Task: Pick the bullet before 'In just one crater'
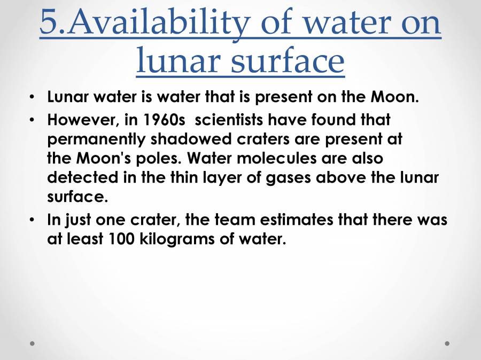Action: [x=33, y=220]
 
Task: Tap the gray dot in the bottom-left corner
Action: [x=33, y=343]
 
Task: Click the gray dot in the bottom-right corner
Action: [x=447, y=343]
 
